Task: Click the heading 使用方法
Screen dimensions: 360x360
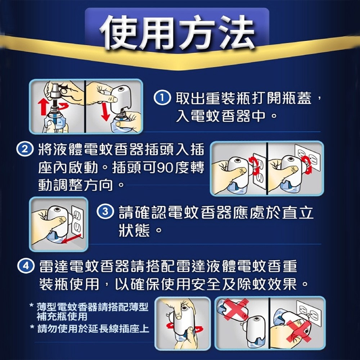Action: [177, 32]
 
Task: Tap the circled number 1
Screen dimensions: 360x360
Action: [162, 98]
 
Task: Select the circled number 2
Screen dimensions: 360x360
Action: [25, 149]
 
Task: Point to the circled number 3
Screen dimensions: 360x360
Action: [105, 212]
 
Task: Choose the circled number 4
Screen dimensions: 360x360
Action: [26, 266]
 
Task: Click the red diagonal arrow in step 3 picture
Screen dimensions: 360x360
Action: [72, 239]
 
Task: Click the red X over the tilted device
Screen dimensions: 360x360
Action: [236, 309]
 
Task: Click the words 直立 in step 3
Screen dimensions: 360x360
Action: [297, 213]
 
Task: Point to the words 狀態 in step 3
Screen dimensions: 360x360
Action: [134, 230]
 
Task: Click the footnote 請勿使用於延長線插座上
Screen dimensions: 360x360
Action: [93, 329]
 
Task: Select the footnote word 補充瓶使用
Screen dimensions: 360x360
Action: [62, 316]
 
